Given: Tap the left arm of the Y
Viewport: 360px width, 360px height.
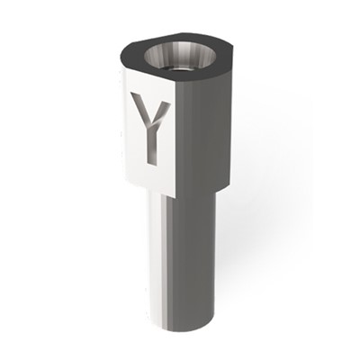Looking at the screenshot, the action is (140, 108).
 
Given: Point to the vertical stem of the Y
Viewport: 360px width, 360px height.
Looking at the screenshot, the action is (152, 146).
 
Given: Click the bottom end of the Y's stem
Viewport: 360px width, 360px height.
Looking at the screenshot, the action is (152, 164).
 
